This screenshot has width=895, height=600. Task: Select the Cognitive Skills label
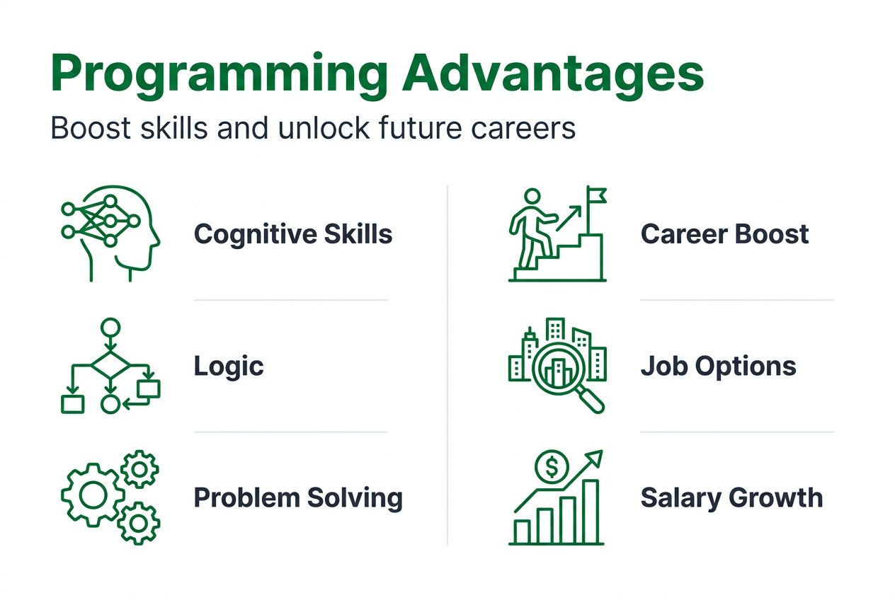tap(293, 234)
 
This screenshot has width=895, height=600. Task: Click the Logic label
tap(229, 366)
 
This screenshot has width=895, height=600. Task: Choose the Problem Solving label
tap(298, 498)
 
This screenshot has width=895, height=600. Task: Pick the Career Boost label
tap(724, 234)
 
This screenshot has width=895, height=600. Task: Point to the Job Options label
tap(718, 366)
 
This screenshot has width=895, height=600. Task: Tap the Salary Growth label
tap(731, 498)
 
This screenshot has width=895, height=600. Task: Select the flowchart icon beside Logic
tap(110, 367)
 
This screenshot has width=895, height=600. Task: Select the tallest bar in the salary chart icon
tap(591, 511)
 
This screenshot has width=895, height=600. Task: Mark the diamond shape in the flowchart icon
tap(110, 367)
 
